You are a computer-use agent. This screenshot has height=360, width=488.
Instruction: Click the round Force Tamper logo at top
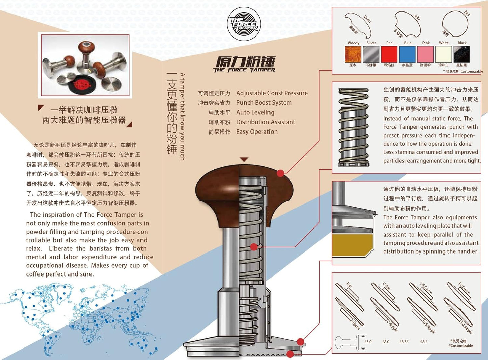tap(243, 24)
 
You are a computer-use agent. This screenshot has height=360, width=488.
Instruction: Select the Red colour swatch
tap(389, 54)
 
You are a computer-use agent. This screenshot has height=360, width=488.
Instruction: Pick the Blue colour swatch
tap(407, 54)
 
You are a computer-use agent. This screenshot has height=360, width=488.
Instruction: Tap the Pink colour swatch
tap(426, 54)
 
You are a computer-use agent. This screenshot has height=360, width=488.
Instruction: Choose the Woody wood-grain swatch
tap(353, 54)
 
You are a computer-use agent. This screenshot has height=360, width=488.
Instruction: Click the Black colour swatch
tap(462, 54)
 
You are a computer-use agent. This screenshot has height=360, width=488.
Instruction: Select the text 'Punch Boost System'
tap(264, 103)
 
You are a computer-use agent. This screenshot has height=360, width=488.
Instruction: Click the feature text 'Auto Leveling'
tap(255, 112)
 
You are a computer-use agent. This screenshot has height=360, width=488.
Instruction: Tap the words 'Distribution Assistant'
tap(265, 122)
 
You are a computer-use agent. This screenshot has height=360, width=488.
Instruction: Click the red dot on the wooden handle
tap(280, 173)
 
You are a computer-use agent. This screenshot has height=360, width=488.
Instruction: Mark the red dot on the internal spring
tap(254, 247)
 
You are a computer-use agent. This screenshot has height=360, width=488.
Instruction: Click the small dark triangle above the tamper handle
tap(244, 159)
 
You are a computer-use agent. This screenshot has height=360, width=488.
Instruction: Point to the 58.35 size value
tap(404, 342)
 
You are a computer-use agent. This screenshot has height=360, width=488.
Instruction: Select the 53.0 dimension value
tap(368, 342)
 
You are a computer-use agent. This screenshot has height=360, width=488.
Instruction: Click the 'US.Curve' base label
tap(426, 288)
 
